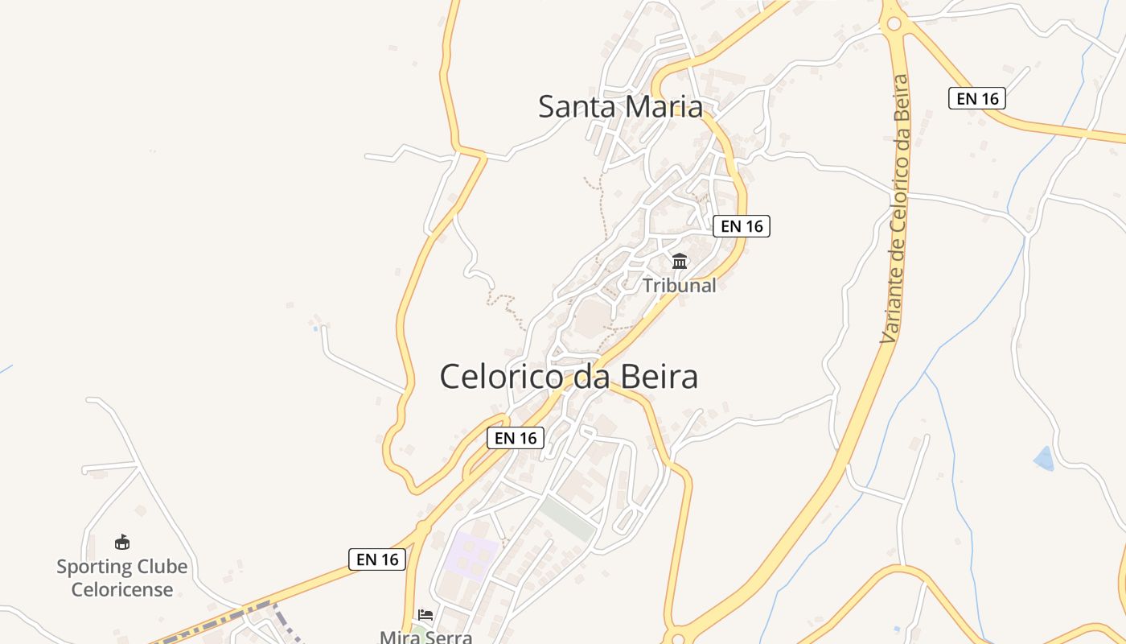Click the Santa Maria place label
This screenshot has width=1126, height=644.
coord(620,106)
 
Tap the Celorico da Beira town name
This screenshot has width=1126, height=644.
coord(569,377)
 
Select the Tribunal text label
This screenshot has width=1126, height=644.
coord(679,285)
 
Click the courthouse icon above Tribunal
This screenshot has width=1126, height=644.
coord(680,261)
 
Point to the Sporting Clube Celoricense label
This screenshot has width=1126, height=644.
coord(121,578)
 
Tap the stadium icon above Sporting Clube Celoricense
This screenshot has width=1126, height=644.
coord(122,542)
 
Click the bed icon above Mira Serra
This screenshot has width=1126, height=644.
coord(425,615)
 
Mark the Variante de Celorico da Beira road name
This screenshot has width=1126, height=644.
coord(894,209)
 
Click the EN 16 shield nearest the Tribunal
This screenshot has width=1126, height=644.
coord(742,226)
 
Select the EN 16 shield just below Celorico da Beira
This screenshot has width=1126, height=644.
coord(516,438)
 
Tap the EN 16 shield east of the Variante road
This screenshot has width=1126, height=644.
coord(977,98)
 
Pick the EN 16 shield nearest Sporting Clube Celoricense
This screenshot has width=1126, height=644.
coord(377,559)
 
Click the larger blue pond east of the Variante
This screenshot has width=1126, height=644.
coord(1043,459)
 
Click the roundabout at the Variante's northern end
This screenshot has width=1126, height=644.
coord(893,23)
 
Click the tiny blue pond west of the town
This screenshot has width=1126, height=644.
coord(314,328)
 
